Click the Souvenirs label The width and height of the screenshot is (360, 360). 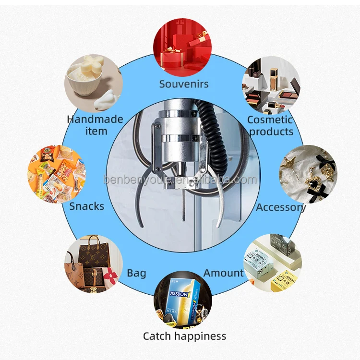pos(184,84)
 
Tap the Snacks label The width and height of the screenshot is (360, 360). pos(86,206)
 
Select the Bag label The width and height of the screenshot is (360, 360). pos(136,274)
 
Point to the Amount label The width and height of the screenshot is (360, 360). pos(224,273)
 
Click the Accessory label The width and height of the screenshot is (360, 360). pos(281,207)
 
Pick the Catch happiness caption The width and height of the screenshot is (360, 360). pos(184,336)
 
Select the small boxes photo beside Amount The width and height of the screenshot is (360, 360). pos(272,263)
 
